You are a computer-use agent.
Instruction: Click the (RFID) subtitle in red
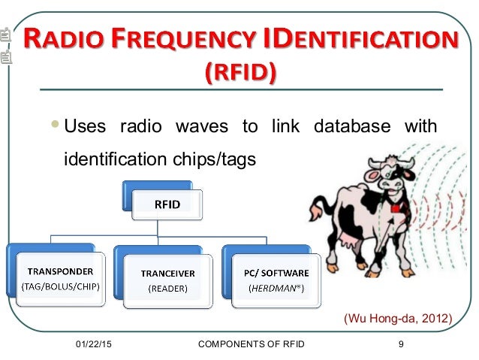[239, 72]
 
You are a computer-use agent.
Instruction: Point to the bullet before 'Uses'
[57, 126]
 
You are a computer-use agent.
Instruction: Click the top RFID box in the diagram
[167, 204]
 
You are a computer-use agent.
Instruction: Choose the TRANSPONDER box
[56, 277]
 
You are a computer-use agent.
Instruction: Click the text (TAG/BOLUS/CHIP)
[56, 286]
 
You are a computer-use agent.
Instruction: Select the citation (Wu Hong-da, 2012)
[397, 319]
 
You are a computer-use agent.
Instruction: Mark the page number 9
[402, 344]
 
